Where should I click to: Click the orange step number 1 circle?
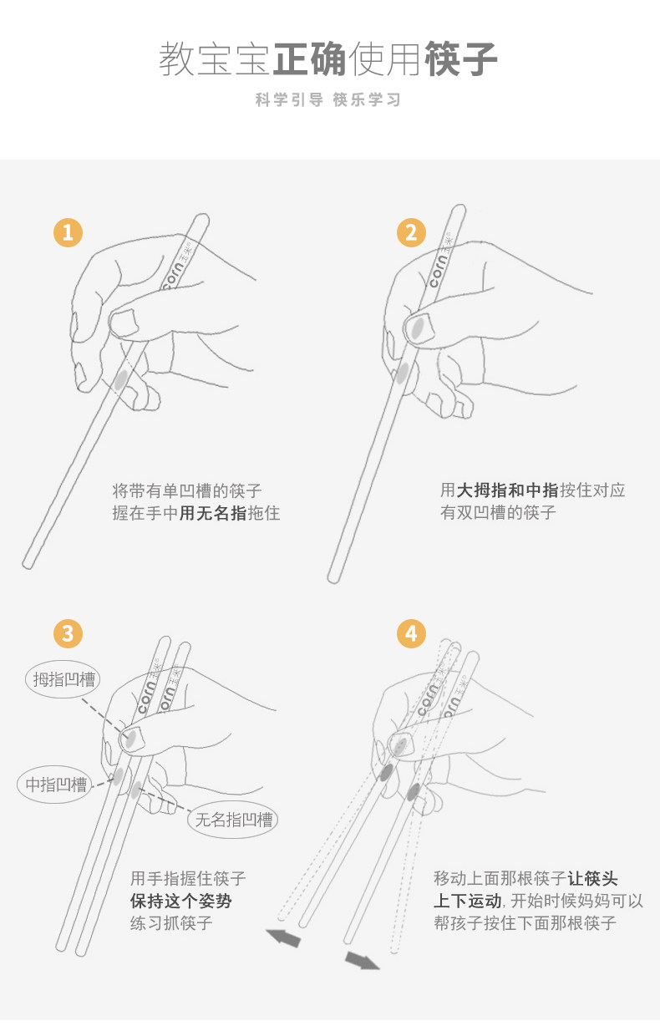coord(68,232)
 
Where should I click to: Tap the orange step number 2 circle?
coord(410,232)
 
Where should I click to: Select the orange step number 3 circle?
coord(68,633)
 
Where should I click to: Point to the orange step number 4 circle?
coord(410,633)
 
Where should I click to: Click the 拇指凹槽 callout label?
coord(63,678)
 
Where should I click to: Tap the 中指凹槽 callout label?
coord(55,785)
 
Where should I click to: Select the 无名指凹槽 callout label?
coord(233,820)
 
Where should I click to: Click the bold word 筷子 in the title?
coord(461,59)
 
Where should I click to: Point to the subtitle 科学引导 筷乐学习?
coord(328,100)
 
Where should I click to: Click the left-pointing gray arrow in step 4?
coord(284,937)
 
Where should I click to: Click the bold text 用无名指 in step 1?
coord(213,513)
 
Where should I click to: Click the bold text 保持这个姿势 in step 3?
coord(181,901)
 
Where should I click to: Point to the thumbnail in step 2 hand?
coord(417,328)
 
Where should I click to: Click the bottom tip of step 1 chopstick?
coord(28,565)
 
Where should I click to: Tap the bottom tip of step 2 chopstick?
coord(333,577)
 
